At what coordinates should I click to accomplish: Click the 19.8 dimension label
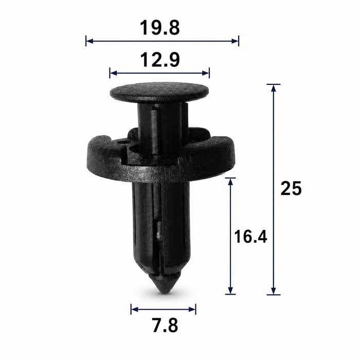click(160, 28)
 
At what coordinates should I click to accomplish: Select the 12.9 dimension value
click(160, 60)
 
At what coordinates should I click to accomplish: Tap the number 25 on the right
click(291, 189)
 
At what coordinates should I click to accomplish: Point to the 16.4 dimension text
click(250, 237)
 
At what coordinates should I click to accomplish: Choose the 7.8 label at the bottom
click(165, 326)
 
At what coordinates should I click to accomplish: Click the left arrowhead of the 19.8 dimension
click(89, 41)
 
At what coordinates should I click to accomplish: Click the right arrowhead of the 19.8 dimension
click(235, 41)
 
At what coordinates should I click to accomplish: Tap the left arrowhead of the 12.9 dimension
click(114, 73)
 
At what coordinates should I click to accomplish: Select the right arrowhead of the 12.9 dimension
click(206, 73)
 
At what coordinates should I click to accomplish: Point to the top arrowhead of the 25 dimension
click(273, 88)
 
